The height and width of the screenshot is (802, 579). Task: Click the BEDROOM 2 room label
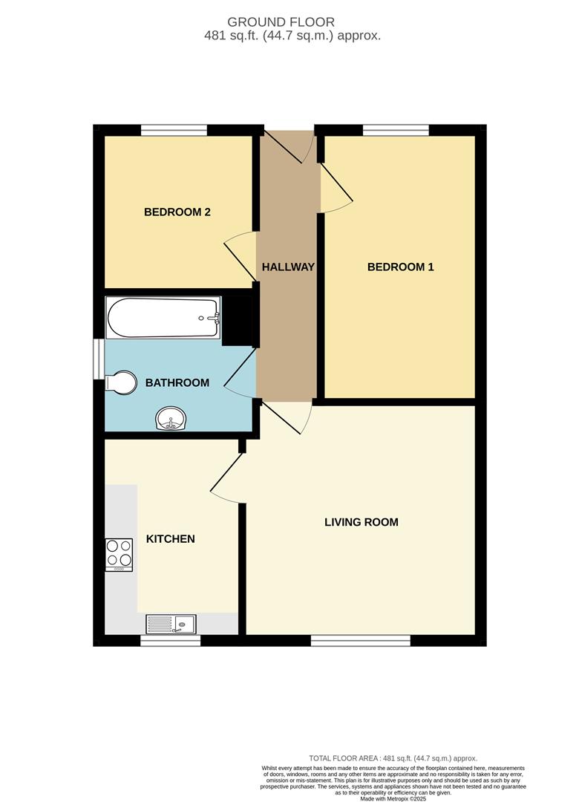coord(177,212)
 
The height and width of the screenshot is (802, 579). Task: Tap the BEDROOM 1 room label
coord(401,267)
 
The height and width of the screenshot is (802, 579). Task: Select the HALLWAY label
coord(288,267)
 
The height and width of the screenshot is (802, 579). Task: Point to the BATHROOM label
coord(177,382)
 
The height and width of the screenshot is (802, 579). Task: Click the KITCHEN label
coord(170,538)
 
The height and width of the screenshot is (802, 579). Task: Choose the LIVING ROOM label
coord(361,522)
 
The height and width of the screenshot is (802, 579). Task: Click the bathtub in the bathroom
coord(163,318)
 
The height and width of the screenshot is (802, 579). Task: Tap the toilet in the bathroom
coord(121,382)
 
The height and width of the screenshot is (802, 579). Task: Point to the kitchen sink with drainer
coord(171,624)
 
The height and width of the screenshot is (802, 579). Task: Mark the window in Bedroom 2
coord(174,130)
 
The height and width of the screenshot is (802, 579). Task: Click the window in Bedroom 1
coord(396,130)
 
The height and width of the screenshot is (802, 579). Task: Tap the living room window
coord(361,640)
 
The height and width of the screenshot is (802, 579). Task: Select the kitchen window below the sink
coord(170,640)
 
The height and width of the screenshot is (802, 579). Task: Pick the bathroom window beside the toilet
coord(99,359)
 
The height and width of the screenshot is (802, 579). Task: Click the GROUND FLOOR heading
coord(281,22)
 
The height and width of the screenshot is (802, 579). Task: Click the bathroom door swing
coord(240,373)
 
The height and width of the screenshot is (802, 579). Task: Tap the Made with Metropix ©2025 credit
coord(393,798)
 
